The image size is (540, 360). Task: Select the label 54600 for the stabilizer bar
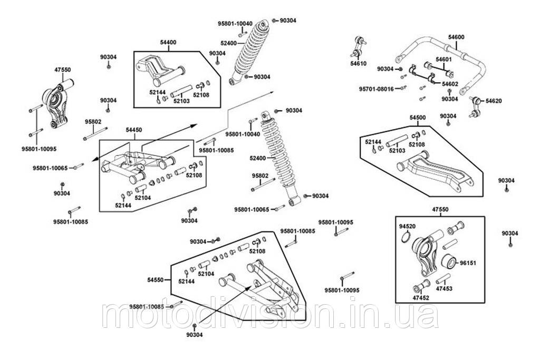click(x=456, y=37)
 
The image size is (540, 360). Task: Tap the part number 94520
click(x=408, y=226)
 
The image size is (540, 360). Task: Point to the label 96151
click(x=468, y=261)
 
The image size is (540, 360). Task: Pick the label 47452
click(x=420, y=298)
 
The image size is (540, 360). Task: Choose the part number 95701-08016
click(x=379, y=89)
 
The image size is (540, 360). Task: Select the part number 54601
click(x=444, y=59)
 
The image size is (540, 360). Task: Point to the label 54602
click(x=450, y=84)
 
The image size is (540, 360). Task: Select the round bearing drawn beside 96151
click(x=449, y=261)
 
